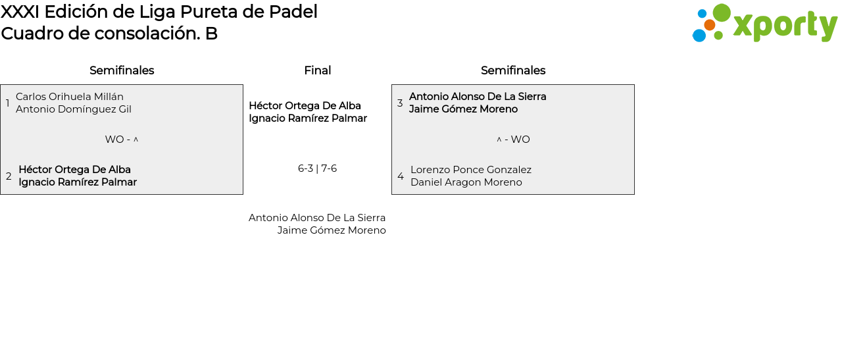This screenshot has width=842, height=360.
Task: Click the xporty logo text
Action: coord(785,26)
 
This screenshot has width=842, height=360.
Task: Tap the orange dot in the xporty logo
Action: coord(710,25)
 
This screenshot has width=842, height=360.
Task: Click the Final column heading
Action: coord(318,70)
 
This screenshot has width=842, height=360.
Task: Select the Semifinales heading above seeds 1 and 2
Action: coord(122,70)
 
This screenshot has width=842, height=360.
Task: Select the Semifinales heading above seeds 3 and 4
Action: coord(513,70)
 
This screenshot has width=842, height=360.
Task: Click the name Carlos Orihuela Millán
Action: coord(70,97)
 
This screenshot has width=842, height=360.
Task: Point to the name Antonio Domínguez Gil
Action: coord(74,109)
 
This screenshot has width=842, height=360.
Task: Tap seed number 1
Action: coord(7,103)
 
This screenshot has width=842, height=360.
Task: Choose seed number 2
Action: coord(9,176)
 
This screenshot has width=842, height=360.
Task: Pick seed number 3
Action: coord(400,103)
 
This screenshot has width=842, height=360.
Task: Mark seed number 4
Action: coord(401,176)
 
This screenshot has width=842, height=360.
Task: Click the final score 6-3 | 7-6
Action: coord(317,168)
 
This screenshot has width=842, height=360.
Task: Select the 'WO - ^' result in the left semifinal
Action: coord(122,139)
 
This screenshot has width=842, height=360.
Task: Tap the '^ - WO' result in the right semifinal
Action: coord(513,139)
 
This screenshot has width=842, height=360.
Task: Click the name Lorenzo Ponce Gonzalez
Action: coord(471,170)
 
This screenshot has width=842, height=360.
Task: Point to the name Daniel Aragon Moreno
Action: coord(466,182)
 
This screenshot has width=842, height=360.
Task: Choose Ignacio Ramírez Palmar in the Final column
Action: coord(308,118)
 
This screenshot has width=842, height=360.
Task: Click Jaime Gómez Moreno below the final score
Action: coord(332,230)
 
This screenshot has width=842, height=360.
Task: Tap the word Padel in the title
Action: coord(293,12)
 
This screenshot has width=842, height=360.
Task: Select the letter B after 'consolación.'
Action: coord(211,34)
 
